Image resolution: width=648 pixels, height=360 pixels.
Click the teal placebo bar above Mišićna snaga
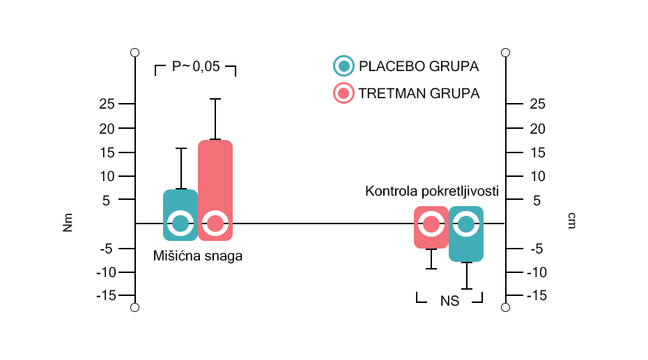click(180, 202)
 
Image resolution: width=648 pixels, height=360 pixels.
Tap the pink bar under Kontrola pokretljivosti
click(431, 237)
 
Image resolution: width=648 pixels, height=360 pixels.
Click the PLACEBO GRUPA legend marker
click(343, 66)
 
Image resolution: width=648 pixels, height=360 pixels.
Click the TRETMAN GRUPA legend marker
click(343, 93)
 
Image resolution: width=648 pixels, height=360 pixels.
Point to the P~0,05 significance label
click(196, 67)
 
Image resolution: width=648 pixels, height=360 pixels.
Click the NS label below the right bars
click(449, 302)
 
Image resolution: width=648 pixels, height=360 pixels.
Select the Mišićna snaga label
click(198, 256)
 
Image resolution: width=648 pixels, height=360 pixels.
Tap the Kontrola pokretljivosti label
click(432, 191)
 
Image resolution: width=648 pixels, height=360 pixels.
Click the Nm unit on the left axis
click(68, 223)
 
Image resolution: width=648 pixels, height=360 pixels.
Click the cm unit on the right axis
click(571, 221)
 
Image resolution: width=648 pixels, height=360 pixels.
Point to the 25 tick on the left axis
click(107, 104)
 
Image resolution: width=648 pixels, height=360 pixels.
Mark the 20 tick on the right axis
click(538, 129)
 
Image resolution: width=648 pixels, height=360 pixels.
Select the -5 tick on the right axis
click(537, 249)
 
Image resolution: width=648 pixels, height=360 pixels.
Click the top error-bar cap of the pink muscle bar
click(215, 99)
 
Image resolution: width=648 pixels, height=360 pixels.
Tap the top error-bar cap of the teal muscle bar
click(180, 148)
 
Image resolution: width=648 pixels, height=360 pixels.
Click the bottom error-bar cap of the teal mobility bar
click(466, 288)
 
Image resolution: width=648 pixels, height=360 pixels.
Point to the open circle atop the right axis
click(506, 52)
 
